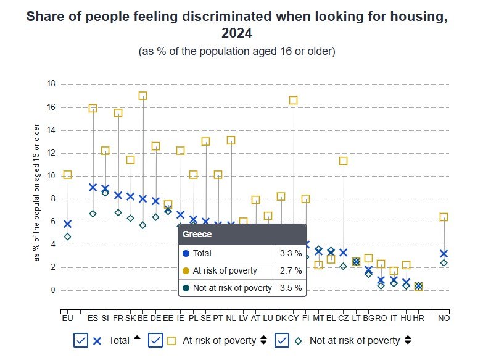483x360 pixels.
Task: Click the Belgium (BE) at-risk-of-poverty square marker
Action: pyautogui.click(x=142, y=96)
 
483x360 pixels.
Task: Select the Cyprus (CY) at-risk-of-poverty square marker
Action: pyautogui.click(x=293, y=100)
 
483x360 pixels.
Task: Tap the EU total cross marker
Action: pyautogui.click(x=67, y=224)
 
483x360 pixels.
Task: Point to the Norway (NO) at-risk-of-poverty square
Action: pyautogui.click(x=443, y=217)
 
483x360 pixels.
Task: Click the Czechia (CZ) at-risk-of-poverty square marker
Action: pyautogui.click(x=343, y=161)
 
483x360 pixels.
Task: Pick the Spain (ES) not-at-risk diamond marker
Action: pyautogui.click(x=93, y=214)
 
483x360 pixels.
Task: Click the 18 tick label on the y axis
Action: pyautogui.click(x=51, y=84)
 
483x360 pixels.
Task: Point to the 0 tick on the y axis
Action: pyautogui.click(x=53, y=290)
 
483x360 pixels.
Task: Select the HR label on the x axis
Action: pyautogui.click(x=418, y=318)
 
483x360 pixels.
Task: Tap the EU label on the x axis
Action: pyautogui.click(x=67, y=318)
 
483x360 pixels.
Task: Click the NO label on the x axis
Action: pyautogui.click(x=443, y=318)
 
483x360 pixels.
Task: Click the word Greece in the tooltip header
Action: pyautogui.click(x=197, y=235)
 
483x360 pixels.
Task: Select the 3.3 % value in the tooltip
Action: pyautogui.click(x=290, y=253)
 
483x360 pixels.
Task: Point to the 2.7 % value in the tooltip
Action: pyautogui.click(x=290, y=270)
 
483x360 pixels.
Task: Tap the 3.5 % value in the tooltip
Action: pyautogui.click(x=290, y=288)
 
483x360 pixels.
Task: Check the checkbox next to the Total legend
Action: pyautogui.click(x=81, y=340)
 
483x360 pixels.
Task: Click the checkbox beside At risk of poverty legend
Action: pyautogui.click(x=156, y=340)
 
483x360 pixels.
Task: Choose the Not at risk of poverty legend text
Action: pyautogui.click(x=355, y=340)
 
